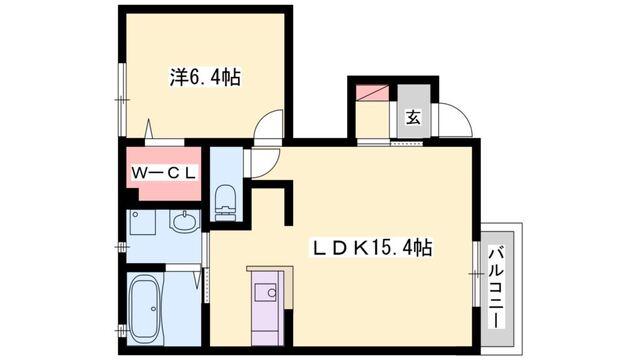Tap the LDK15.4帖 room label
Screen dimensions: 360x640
[375, 245]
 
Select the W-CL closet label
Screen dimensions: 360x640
[164, 172]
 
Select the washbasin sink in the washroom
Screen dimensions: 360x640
[183, 222]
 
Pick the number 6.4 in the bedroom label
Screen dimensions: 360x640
[213, 76]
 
